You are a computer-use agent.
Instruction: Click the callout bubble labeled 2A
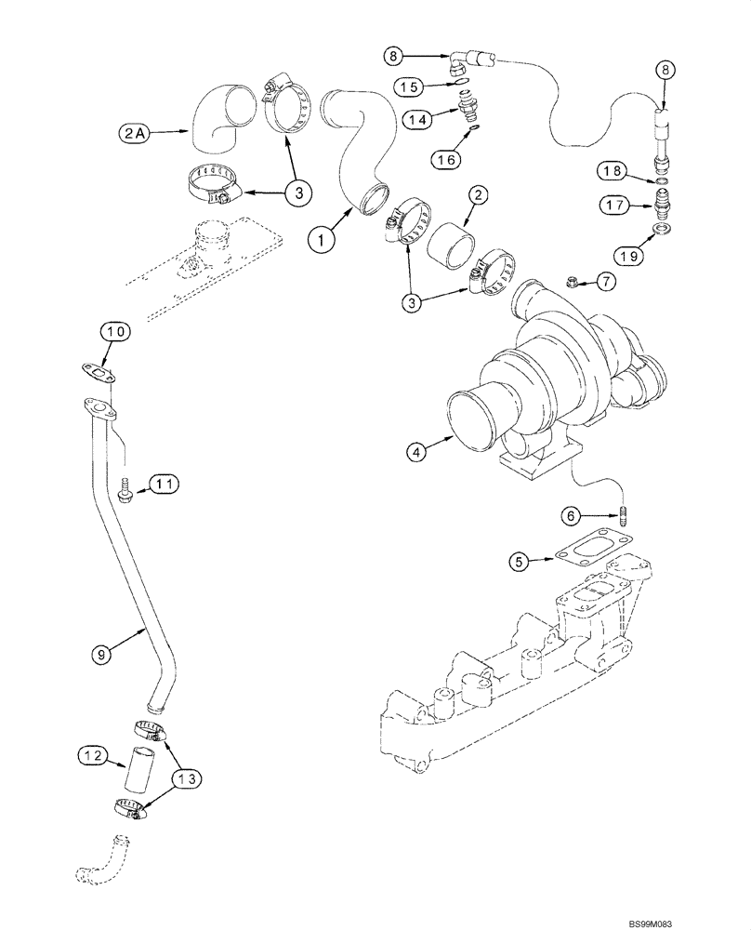132,134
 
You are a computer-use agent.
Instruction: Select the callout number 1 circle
323,239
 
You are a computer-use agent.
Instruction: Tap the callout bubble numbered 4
417,452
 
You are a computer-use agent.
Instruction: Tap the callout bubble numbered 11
164,484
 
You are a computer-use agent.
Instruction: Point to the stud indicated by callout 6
625,514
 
